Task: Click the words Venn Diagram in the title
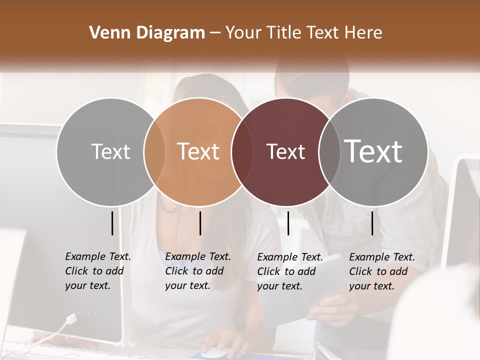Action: (147, 33)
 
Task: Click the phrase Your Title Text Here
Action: (303, 33)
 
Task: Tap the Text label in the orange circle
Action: (198, 151)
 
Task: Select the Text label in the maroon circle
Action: (285, 151)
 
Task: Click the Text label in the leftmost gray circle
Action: (110, 151)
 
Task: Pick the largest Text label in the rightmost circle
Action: (373, 151)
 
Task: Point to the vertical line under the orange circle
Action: (200, 223)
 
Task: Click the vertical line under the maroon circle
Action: (288, 223)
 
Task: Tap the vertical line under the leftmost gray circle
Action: (112, 223)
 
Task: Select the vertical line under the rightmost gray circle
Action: (372, 223)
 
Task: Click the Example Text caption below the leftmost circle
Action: (98, 271)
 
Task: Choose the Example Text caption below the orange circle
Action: (198, 271)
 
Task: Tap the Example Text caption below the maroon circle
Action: (290, 271)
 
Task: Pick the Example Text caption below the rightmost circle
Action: (382, 271)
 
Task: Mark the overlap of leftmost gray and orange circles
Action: (153, 151)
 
